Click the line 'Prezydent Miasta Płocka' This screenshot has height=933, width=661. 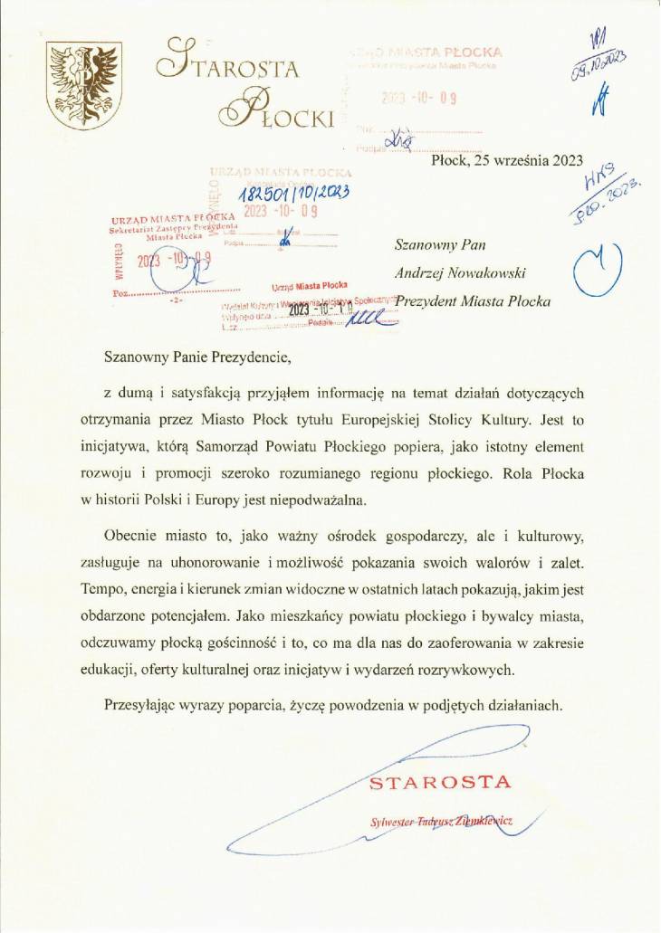(x=474, y=300)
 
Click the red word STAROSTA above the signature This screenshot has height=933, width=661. (x=440, y=782)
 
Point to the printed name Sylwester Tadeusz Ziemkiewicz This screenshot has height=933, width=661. (x=442, y=821)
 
